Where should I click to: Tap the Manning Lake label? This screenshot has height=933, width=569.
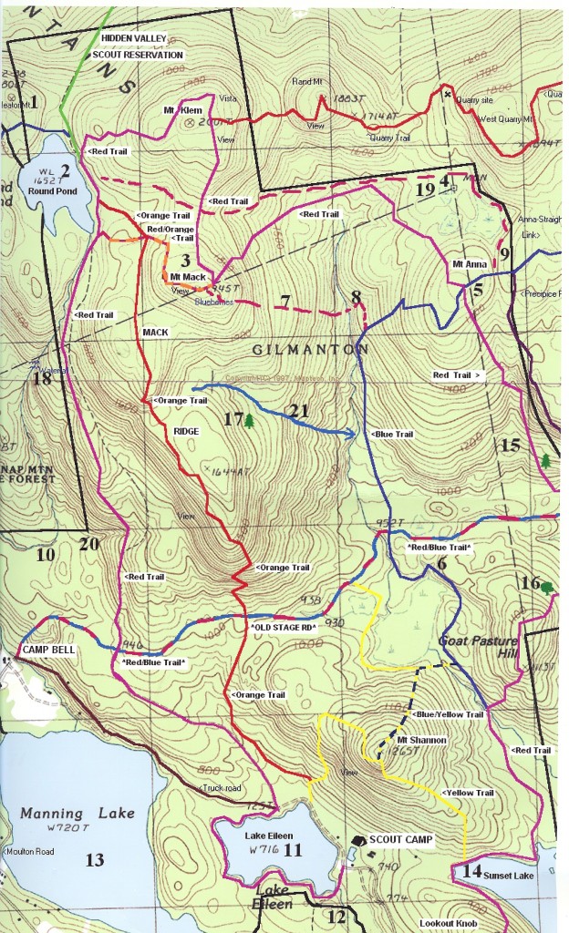pos(76,814)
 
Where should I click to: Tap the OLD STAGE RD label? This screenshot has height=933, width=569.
pos(283,628)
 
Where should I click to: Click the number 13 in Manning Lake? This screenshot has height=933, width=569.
pos(94,859)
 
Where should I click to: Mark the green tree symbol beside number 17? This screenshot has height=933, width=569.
pos(249,420)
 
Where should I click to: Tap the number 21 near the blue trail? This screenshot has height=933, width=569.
pos(298,412)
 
